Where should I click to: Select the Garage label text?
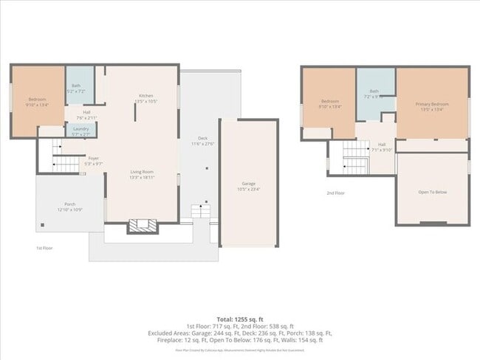[248, 185]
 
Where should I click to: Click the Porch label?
[70, 207]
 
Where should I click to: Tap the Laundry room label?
[80, 131]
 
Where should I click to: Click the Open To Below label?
[432, 193]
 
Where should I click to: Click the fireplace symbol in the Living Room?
[143, 225]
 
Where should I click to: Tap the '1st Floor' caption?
[44, 249]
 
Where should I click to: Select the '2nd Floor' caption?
[336, 193]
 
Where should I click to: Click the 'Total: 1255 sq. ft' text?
[240, 318]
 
